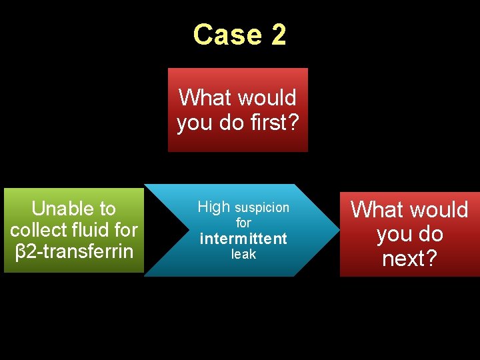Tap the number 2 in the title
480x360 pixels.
[x=279, y=35]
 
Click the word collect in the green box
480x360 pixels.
[x=37, y=230]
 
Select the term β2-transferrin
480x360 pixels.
[x=74, y=252]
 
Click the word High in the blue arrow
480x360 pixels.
[x=213, y=207]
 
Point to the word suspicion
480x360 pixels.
[x=262, y=208]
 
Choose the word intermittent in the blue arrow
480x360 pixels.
[x=243, y=239]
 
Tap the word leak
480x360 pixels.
[x=243, y=255]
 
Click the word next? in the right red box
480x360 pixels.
[x=409, y=258]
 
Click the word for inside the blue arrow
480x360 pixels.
[x=243, y=223]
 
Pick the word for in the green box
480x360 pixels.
[x=125, y=230]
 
